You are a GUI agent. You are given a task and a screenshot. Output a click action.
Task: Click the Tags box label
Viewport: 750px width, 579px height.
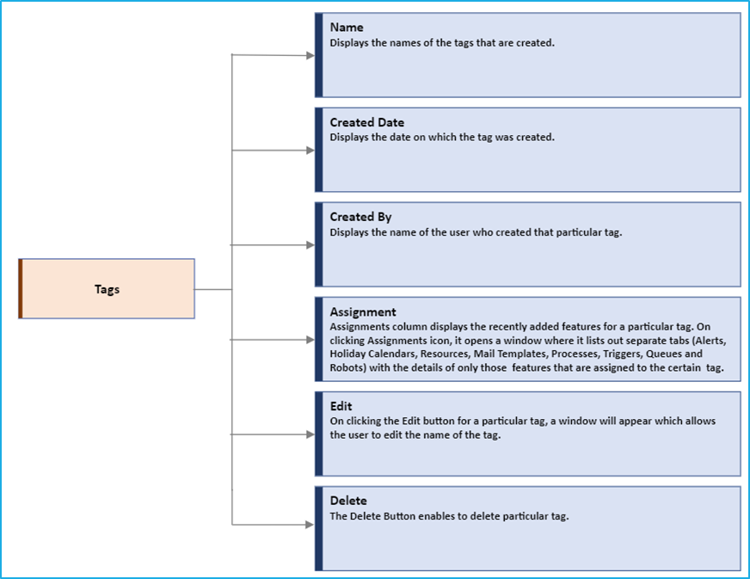(x=107, y=289)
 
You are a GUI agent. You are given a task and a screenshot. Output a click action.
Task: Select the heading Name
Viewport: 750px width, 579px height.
(x=347, y=28)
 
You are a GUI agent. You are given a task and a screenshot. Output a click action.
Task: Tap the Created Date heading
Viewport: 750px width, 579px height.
(x=367, y=122)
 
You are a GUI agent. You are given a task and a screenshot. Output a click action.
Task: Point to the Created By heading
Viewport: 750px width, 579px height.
(x=360, y=217)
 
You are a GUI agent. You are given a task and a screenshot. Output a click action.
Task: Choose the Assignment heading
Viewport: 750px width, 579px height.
(x=363, y=312)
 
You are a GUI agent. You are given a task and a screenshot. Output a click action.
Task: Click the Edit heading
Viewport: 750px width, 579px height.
(x=341, y=406)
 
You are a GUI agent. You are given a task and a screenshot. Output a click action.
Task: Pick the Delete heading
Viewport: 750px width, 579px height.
(x=348, y=501)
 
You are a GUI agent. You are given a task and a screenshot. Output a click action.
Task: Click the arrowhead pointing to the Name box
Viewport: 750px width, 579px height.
(x=310, y=56)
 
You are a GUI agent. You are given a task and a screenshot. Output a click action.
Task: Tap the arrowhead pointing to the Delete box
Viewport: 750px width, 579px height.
(x=310, y=525)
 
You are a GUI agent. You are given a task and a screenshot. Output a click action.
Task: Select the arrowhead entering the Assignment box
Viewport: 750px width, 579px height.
(x=310, y=340)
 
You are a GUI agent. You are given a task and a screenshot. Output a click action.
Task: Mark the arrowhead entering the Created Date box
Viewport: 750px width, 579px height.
(x=310, y=151)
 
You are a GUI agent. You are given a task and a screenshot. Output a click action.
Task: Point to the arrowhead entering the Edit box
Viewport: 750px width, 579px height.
(x=310, y=434)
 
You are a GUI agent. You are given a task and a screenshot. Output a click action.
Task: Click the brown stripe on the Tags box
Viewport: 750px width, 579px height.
(x=21, y=288)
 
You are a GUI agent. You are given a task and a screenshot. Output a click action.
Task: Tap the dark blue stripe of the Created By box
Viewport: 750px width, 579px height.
(x=319, y=244)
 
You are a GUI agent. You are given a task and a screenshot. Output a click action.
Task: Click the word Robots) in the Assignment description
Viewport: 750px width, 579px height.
(x=347, y=367)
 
